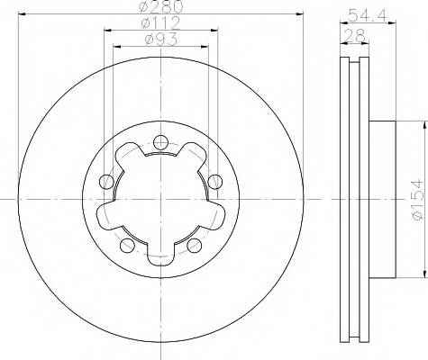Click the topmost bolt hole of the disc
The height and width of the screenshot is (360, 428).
point(160,140)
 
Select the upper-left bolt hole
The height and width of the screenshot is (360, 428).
point(107,183)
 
